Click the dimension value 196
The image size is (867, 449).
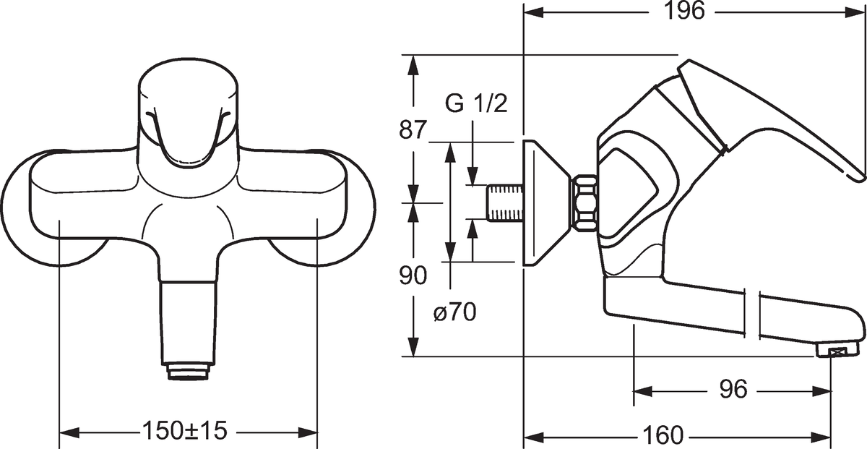point(685,13)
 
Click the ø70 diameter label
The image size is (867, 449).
point(454,313)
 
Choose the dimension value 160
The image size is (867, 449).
point(661,436)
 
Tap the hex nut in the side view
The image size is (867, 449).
point(585,202)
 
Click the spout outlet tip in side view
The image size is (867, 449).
point(832,351)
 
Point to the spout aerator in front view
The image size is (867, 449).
point(187,372)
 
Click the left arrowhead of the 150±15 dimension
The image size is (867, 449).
point(66,432)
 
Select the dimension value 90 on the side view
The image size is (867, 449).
point(413,275)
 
